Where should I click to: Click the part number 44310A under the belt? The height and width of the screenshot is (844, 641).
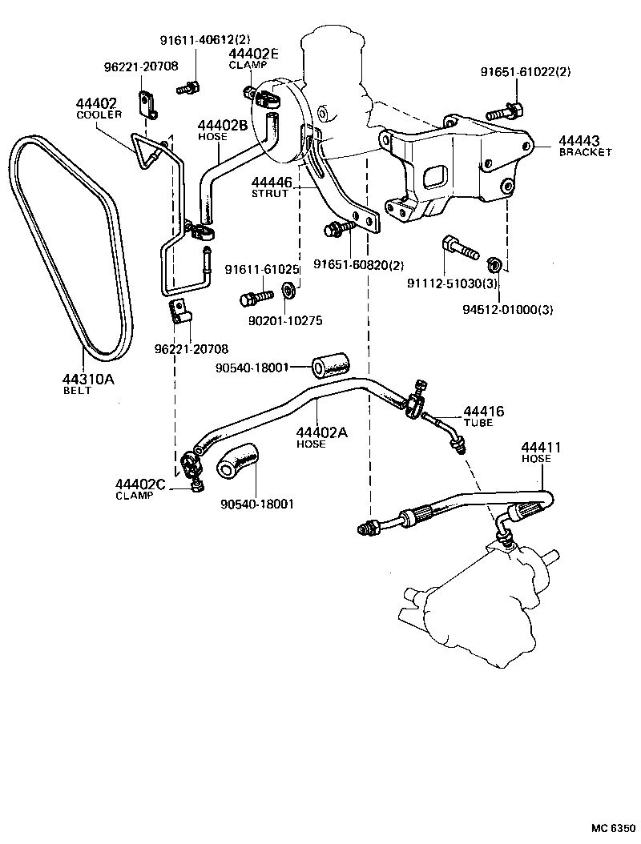88,379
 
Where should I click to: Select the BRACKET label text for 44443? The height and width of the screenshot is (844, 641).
585,151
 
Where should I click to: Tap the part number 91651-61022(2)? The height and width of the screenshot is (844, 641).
526,72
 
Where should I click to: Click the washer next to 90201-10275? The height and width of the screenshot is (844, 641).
288,290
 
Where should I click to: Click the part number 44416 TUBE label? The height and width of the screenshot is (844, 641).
483,412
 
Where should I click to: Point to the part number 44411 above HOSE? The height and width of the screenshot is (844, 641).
542,447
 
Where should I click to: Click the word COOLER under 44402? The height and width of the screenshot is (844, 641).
99,115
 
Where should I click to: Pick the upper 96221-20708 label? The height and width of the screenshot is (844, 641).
141,66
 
